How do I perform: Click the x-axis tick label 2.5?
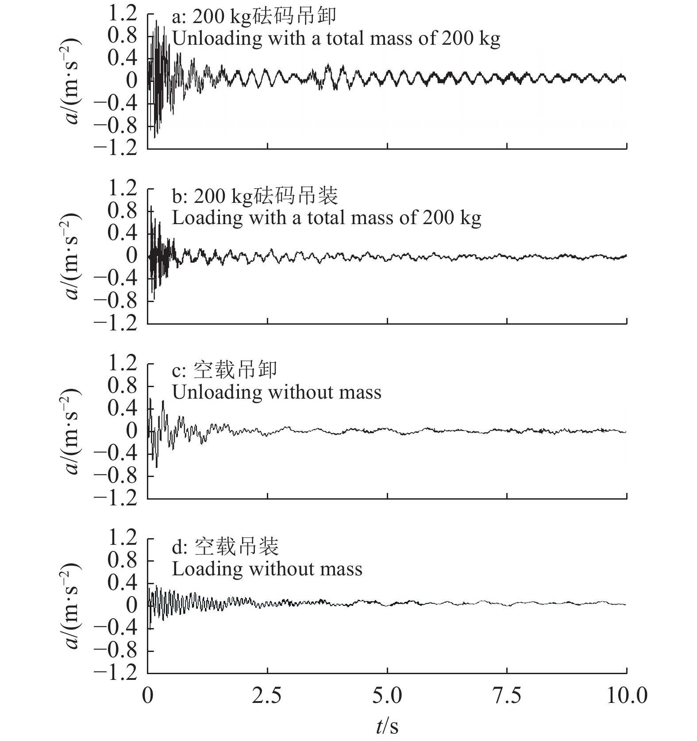click(267, 696)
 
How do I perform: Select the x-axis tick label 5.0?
click(387, 696)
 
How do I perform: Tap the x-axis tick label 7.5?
click(507, 696)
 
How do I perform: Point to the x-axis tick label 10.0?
click(626, 696)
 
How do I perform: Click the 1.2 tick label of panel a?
click(122, 14)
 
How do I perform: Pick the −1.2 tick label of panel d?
click(116, 673)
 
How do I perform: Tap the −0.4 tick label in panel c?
click(116, 454)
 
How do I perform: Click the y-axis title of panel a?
click(72, 81)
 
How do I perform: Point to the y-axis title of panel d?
click(72, 605)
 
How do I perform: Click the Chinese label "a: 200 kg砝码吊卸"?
click(254, 17)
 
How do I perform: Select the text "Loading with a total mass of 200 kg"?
click(327, 218)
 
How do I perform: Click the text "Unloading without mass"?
click(277, 392)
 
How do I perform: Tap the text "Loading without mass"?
click(267, 569)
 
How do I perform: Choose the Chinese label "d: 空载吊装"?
click(225, 547)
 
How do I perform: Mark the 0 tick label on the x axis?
click(148, 696)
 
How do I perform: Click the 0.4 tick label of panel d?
click(122, 583)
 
